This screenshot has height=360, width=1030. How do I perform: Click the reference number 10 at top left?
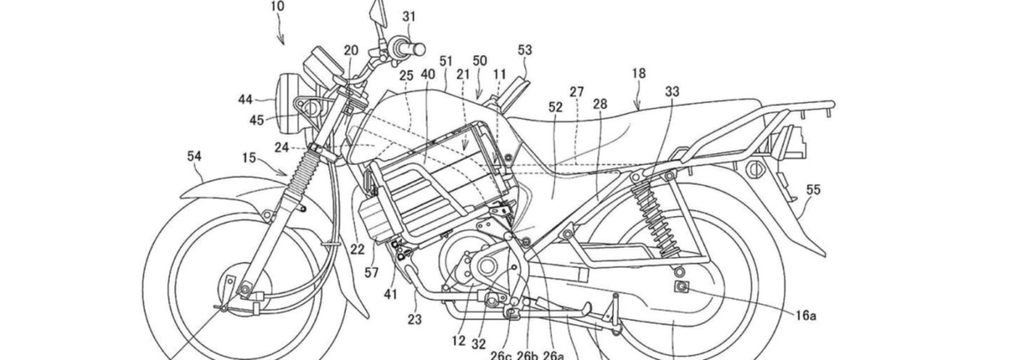tap(278, 7)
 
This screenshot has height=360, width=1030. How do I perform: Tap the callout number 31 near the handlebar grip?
tap(409, 17)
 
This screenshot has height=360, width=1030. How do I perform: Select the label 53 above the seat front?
tap(524, 50)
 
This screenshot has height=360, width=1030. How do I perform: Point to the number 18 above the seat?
tap(638, 73)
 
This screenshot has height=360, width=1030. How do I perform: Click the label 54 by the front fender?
tap(194, 157)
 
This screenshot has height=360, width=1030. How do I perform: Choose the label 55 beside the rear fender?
tap(813, 190)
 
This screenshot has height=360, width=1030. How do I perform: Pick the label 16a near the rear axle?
tap(805, 316)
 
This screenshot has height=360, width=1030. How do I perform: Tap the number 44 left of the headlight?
tap(245, 100)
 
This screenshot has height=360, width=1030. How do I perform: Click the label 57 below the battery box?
tap(371, 273)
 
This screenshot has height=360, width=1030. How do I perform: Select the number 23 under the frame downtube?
tap(415, 319)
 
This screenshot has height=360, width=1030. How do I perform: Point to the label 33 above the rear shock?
tap(672, 92)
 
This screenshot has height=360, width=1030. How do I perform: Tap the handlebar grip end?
tap(420, 49)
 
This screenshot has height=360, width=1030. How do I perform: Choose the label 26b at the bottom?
tap(527, 356)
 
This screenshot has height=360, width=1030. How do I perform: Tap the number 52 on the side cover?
tap(556, 107)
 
